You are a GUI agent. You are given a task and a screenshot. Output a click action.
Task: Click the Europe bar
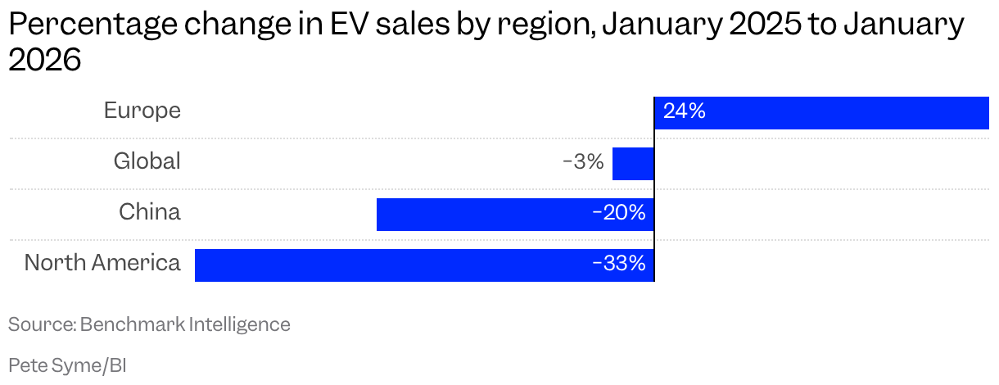pos(821,113)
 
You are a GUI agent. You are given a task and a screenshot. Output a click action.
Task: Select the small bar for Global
pos(633,164)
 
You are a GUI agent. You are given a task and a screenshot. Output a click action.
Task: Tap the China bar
pos(514,215)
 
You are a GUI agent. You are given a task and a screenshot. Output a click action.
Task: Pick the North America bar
pos(424,265)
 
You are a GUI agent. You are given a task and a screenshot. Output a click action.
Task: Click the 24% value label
pos(685,111)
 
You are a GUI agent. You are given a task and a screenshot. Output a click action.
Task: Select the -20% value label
pos(619,214)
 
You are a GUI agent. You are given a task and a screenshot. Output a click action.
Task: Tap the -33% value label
pos(619,265)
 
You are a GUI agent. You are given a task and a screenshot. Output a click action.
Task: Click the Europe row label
pos(142,111)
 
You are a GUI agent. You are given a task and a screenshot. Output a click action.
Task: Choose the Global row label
pos(147,161)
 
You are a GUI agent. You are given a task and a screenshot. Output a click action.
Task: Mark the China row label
pos(149,212)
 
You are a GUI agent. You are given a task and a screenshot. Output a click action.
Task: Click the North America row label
pos(102,263)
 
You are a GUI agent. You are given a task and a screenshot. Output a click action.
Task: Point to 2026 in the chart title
pos(45,61)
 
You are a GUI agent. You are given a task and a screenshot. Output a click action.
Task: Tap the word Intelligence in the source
pos(240,324)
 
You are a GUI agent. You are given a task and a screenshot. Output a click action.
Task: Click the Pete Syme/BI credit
pos(67,365)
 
